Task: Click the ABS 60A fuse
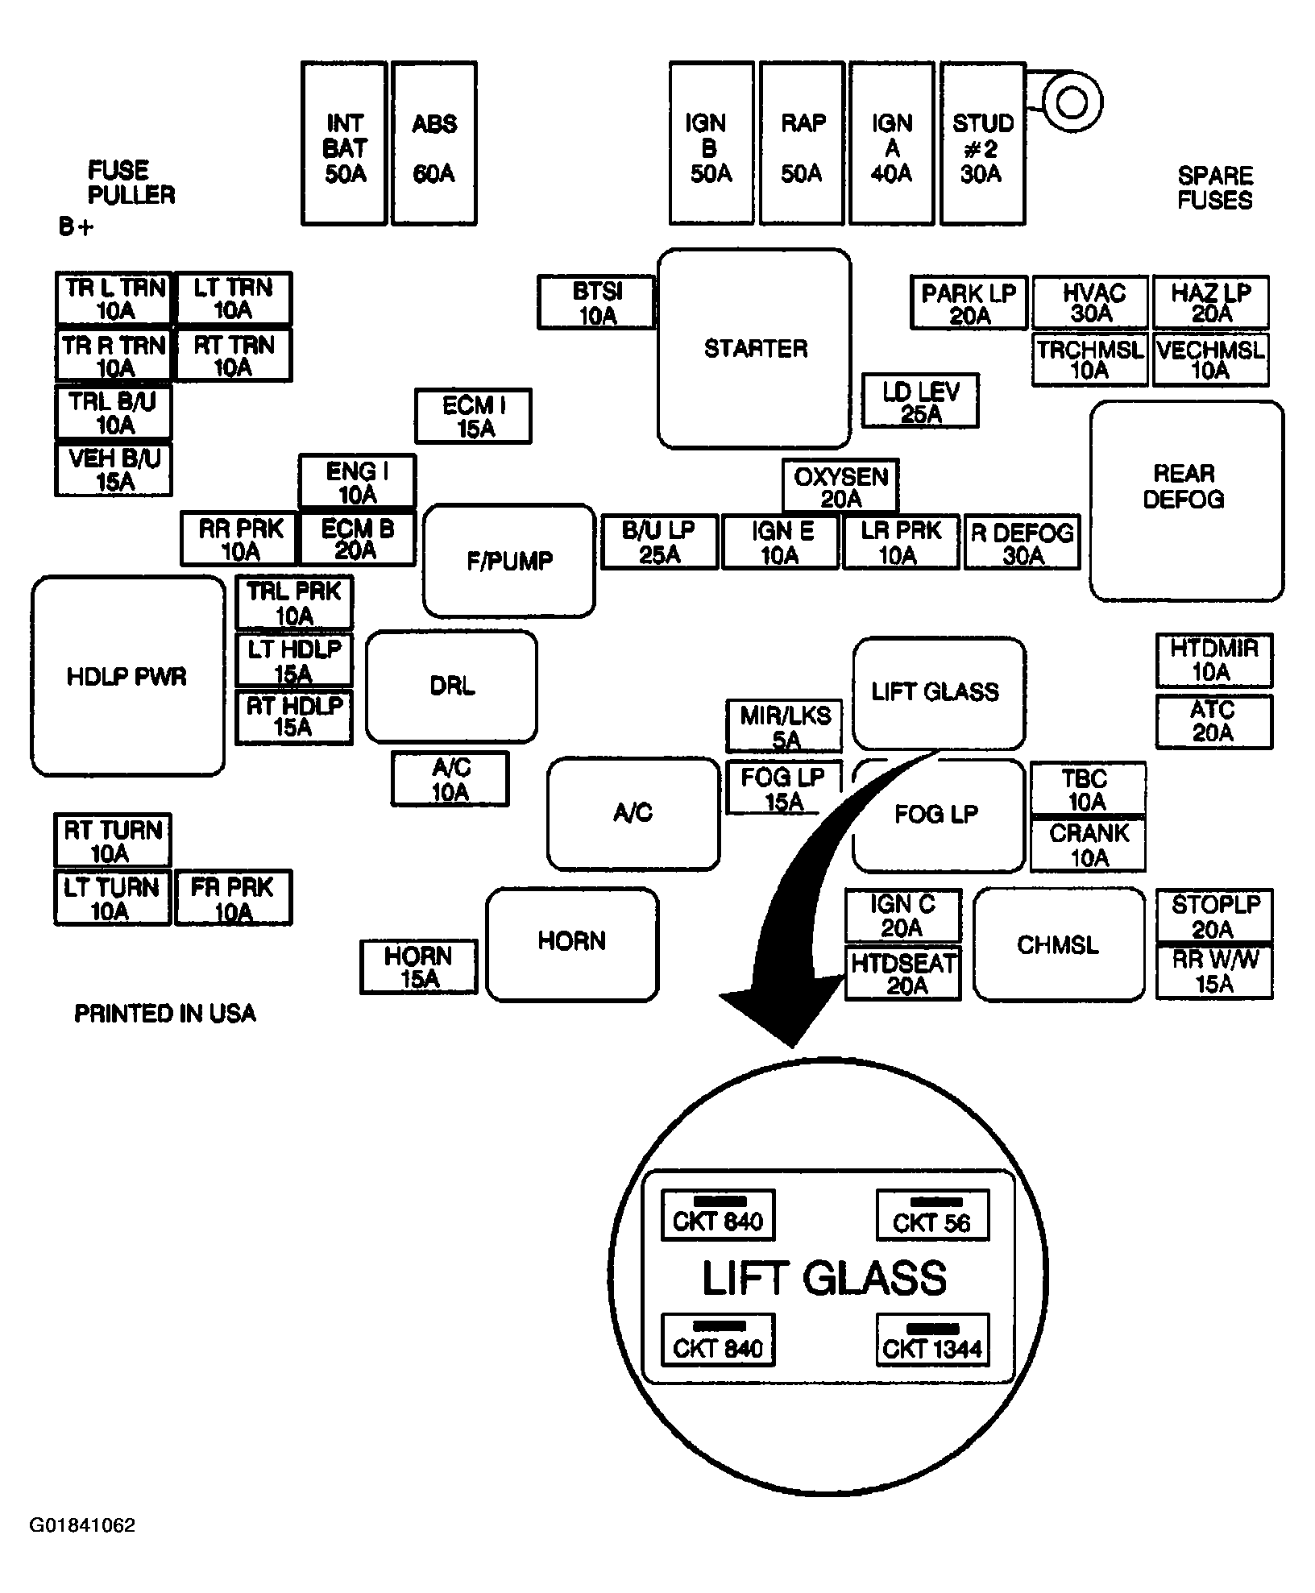point(434,143)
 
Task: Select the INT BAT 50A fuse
point(344,143)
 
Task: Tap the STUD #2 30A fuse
point(982,143)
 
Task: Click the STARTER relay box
point(754,348)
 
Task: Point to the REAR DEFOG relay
point(1186,500)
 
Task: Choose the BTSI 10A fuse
point(596,303)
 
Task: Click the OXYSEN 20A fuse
point(840,486)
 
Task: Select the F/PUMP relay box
point(509,561)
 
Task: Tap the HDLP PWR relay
point(127,675)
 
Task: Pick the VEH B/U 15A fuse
point(114,470)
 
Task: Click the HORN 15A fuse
point(418,967)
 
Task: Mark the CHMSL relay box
point(1058,944)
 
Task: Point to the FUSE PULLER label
point(131,183)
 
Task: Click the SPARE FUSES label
point(1214,188)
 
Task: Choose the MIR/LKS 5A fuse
point(784,726)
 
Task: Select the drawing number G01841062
point(82,1525)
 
